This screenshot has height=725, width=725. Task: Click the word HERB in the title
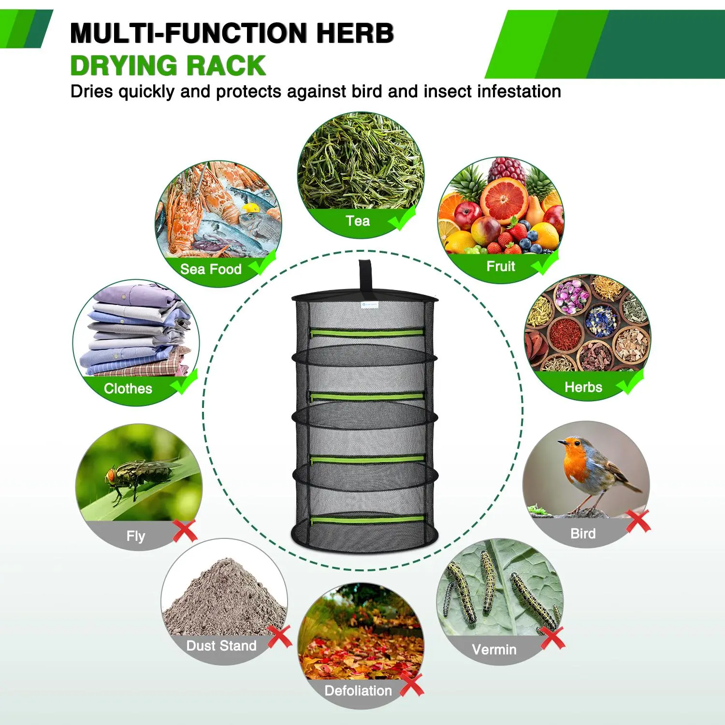[355, 33]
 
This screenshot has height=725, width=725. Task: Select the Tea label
[358, 221]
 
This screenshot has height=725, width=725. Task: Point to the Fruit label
[501, 266]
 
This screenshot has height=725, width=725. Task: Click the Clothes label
[128, 389]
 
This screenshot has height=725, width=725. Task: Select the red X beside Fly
[185, 531]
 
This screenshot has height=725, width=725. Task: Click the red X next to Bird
[638, 521]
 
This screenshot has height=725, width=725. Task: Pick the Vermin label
[494, 650]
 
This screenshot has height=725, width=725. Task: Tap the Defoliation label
[358, 691]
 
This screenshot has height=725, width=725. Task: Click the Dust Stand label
[221, 646]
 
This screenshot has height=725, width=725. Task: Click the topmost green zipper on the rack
[367, 333]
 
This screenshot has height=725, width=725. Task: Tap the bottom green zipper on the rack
[367, 520]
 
